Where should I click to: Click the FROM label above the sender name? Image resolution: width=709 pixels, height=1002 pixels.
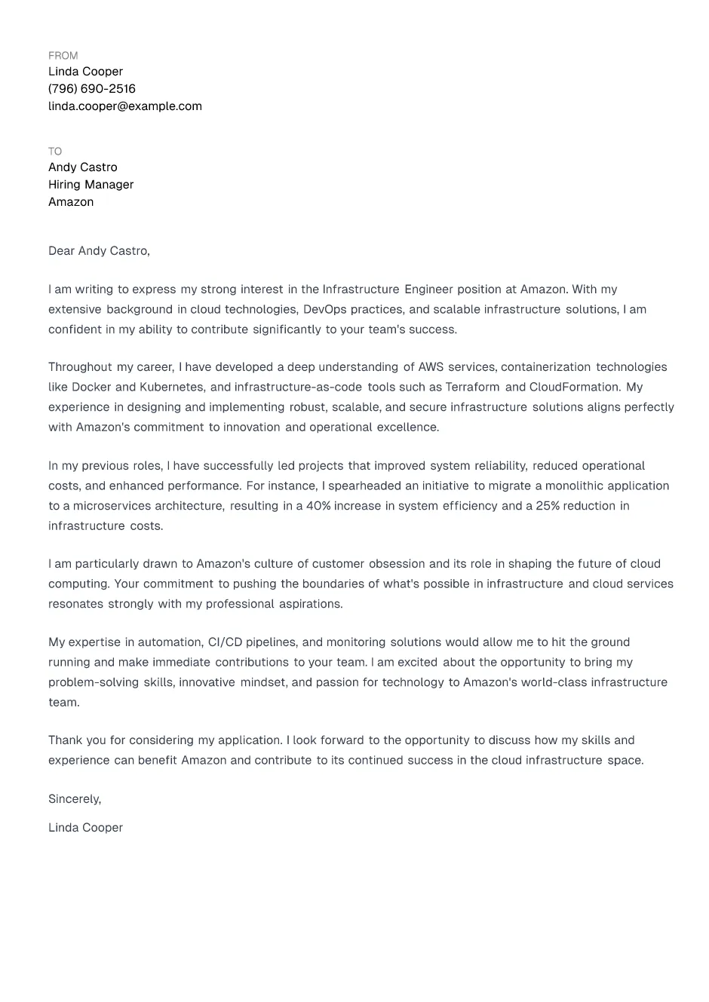click(63, 56)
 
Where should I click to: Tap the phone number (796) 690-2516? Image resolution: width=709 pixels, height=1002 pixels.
click(92, 89)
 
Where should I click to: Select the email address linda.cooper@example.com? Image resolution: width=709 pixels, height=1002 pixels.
click(125, 106)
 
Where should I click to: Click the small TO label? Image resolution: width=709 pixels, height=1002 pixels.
click(55, 152)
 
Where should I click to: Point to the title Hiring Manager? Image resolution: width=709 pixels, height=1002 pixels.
click(91, 185)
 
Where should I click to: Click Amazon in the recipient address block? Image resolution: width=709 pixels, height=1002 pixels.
click(71, 202)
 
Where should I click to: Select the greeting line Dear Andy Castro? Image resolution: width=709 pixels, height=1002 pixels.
click(99, 251)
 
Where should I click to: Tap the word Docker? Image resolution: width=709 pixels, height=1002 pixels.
click(91, 388)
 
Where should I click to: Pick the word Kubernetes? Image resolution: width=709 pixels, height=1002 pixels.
click(172, 388)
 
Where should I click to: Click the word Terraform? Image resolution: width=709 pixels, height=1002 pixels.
click(472, 388)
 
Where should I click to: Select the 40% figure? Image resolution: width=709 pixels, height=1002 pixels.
click(318, 506)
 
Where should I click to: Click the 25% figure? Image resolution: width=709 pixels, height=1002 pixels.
click(548, 506)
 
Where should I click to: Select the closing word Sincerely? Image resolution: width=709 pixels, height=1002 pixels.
click(74, 799)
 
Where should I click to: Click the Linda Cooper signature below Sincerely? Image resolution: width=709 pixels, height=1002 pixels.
click(85, 828)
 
